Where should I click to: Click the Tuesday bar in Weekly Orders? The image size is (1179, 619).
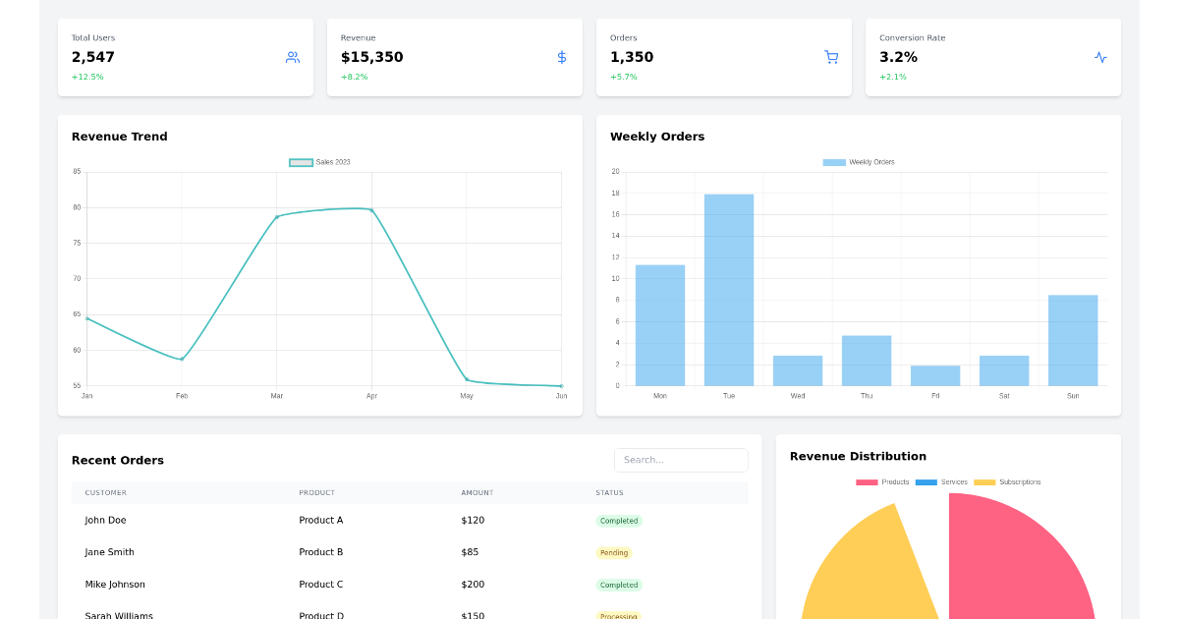point(729,290)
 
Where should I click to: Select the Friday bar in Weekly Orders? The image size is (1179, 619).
point(935,375)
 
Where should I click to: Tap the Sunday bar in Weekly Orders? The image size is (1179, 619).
point(1073,340)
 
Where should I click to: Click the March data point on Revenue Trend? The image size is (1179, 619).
point(277,216)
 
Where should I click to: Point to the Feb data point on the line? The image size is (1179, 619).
point(182,359)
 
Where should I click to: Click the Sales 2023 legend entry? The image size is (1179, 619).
point(320,162)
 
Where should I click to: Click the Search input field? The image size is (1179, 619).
point(681,460)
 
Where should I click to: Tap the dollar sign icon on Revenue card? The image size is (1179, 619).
point(562,57)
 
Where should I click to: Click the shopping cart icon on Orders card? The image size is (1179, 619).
point(831,57)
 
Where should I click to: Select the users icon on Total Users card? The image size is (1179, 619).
point(293,57)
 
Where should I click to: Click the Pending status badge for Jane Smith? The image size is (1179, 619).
point(614,553)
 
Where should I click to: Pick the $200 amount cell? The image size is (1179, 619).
point(473,585)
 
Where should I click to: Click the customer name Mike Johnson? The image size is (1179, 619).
point(115,585)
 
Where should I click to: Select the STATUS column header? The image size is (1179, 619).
point(609,493)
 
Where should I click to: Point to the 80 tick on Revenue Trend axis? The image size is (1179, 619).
point(77,207)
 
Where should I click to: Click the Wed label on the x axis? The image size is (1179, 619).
point(798,396)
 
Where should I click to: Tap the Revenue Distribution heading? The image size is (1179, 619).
point(858,456)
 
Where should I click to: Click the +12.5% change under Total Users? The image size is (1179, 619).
point(87,77)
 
